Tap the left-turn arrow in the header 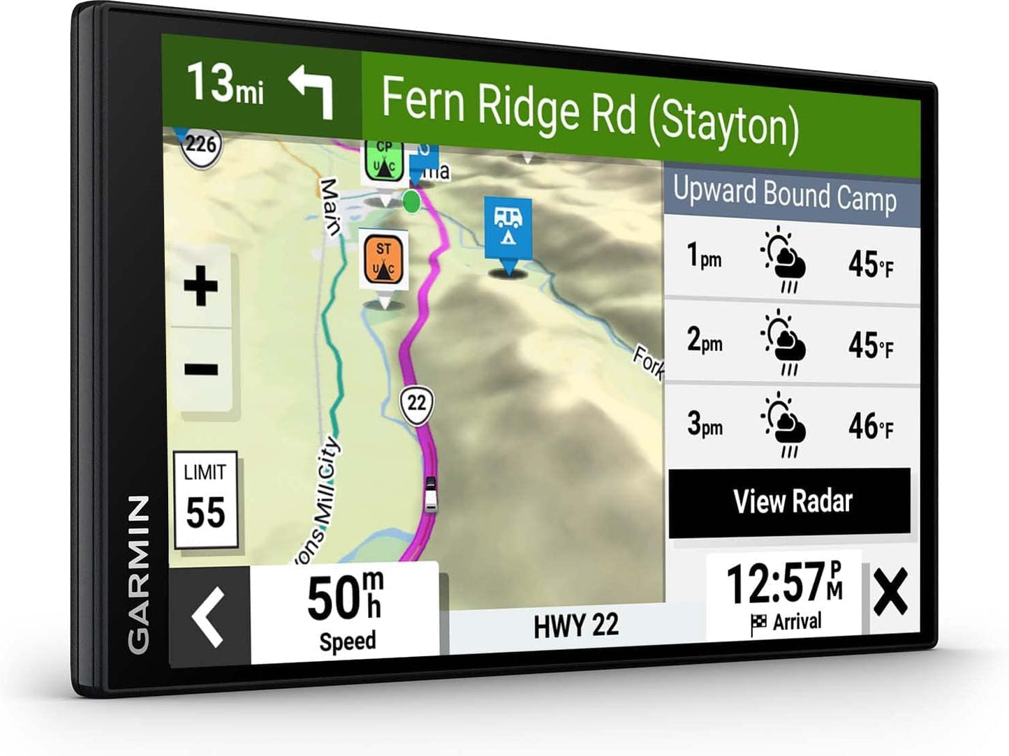pyautogui.click(x=312, y=91)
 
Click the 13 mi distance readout pyautogui.click(x=225, y=84)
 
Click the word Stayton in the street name pyautogui.click(x=724, y=124)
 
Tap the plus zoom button pyautogui.click(x=201, y=286)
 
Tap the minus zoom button pyautogui.click(x=201, y=369)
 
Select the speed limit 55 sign pyautogui.click(x=205, y=500)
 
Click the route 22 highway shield pyautogui.click(x=416, y=403)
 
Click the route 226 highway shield pyautogui.click(x=200, y=145)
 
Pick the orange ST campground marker pyautogui.click(x=383, y=259)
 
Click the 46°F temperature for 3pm pyautogui.click(x=870, y=426)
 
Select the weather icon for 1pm pyautogui.click(x=783, y=259)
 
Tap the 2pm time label pyautogui.click(x=704, y=341)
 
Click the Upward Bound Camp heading pyautogui.click(x=785, y=195)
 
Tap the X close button pyautogui.click(x=890, y=592)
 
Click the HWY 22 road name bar pyautogui.click(x=576, y=625)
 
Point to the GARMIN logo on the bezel pyautogui.click(x=138, y=574)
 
